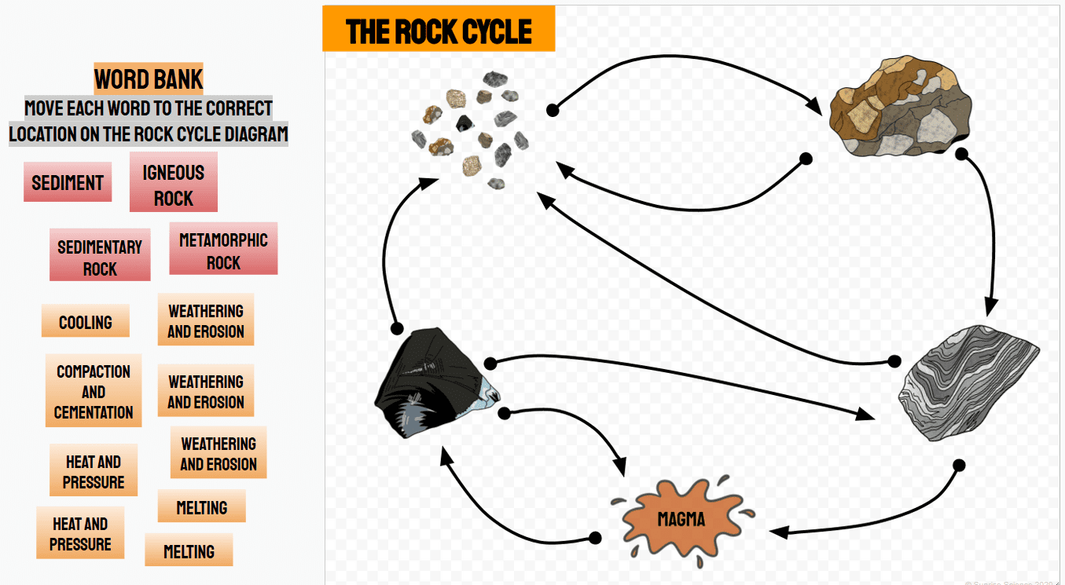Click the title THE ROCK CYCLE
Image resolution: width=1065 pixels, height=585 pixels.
pyautogui.click(x=439, y=31)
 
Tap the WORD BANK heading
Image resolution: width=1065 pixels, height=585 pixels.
pyautogui.click(x=149, y=79)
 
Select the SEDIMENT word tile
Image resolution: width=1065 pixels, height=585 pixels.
pyautogui.click(x=68, y=183)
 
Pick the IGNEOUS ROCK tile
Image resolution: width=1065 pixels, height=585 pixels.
pyautogui.click(x=173, y=185)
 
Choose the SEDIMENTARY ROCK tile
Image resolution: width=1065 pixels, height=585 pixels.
pyautogui.click(x=100, y=258)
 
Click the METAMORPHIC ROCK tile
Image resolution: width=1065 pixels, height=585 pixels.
pyautogui.click(x=223, y=251)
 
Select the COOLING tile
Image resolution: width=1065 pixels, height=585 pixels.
pyautogui.click(x=86, y=322)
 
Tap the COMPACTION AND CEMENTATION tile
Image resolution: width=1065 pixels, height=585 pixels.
pyautogui.click(x=94, y=392)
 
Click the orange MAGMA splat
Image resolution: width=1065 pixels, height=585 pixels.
pyautogui.click(x=681, y=519)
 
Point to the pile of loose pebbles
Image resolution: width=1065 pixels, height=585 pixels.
pyautogui.click(x=472, y=130)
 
